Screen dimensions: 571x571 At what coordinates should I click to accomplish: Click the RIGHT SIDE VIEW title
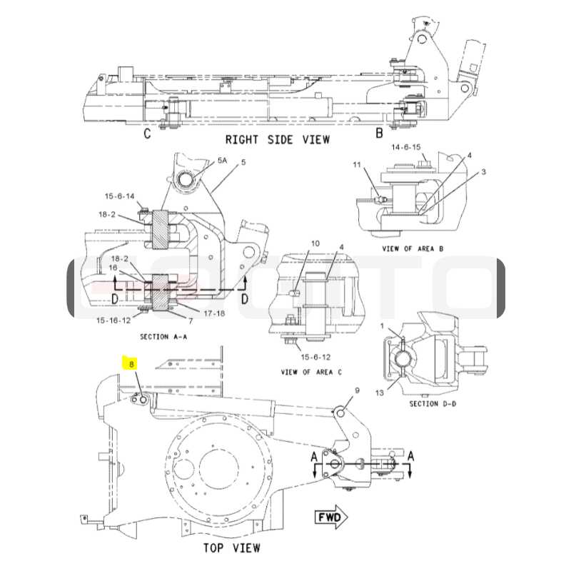point(278,139)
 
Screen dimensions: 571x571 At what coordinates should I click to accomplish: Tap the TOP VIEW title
point(231,547)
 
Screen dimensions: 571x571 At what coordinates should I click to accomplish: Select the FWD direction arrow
point(331,517)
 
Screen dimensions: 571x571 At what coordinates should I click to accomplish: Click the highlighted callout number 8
point(131,364)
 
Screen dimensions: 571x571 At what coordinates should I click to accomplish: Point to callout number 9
point(358,390)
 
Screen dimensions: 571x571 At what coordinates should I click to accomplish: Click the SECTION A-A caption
point(163,337)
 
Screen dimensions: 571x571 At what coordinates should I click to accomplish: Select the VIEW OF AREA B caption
point(413,248)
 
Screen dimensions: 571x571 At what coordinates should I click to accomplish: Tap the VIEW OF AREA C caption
point(311,372)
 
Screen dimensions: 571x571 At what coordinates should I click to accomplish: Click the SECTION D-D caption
point(433,403)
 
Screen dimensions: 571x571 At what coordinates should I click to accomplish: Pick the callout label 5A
point(222,160)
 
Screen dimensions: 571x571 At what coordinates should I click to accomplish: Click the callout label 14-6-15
point(406,147)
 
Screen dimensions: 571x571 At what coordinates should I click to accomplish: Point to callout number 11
point(357,165)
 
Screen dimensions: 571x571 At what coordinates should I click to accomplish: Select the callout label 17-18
point(214,313)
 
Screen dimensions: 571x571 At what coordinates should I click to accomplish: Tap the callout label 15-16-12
point(113,320)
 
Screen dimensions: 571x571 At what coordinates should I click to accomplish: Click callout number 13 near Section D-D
point(380,393)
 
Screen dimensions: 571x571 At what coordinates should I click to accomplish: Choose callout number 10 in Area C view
point(315,243)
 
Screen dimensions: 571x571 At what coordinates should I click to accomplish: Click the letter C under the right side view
point(147,133)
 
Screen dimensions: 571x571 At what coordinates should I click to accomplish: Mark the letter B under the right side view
point(379,133)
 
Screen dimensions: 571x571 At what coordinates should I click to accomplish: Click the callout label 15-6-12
point(315,357)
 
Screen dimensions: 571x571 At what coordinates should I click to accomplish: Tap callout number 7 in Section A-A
point(191,321)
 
